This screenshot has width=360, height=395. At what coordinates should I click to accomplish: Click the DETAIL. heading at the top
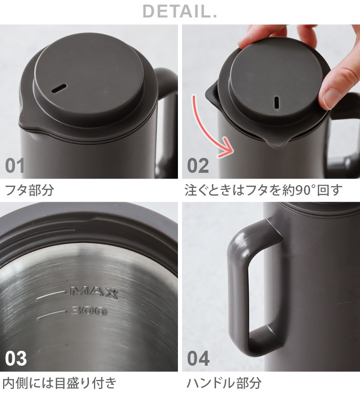point(179,11)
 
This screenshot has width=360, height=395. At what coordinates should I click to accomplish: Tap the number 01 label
point(15,166)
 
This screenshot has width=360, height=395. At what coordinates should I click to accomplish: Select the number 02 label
point(198,166)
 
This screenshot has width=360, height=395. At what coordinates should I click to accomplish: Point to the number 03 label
point(15,358)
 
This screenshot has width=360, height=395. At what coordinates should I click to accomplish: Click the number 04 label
point(199,358)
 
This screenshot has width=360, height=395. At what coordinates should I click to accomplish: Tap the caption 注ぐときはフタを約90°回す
point(263,190)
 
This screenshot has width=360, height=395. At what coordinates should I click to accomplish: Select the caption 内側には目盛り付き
point(60,383)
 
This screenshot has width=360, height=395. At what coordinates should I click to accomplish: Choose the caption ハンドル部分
point(224,383)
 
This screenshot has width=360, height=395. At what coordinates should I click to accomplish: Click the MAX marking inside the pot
point(94,293)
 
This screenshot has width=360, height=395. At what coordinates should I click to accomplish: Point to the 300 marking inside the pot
point(88,310)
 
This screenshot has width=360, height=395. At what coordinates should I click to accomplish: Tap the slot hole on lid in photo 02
point(277,102)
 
